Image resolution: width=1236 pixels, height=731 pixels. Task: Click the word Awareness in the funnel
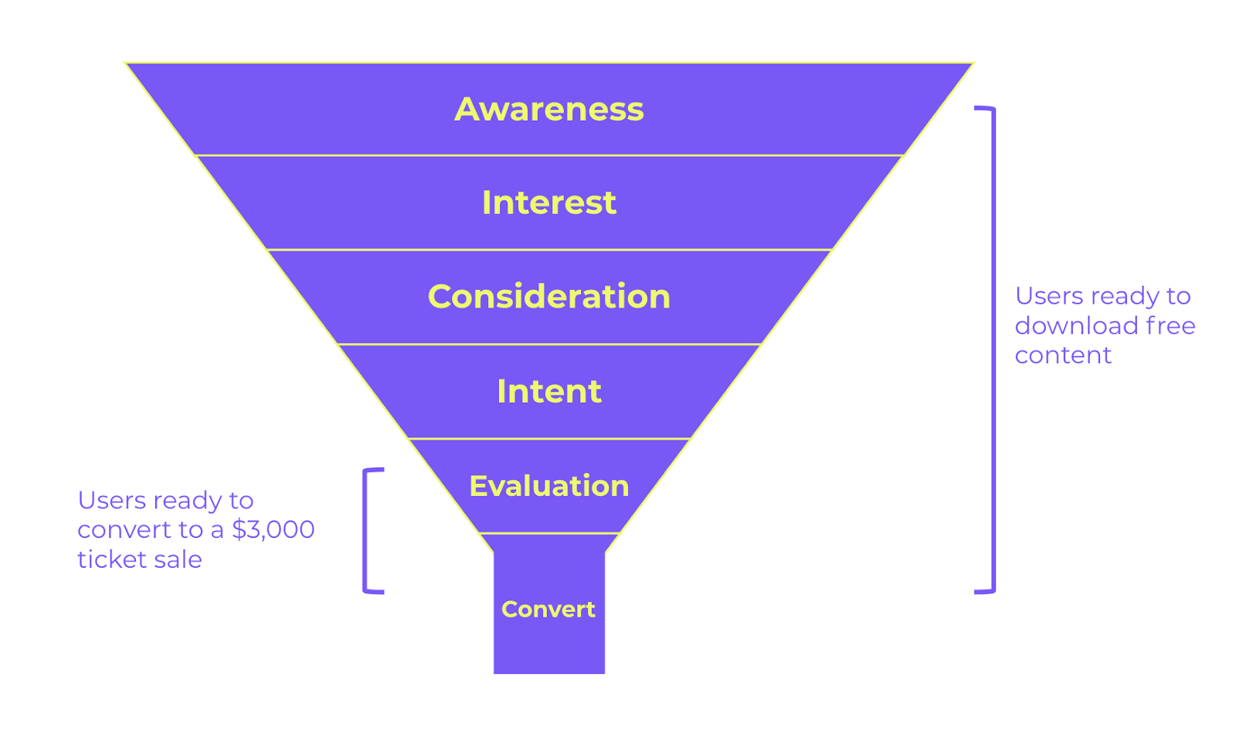(x=548, y=109)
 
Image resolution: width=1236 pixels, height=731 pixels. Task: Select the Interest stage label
(x=548, y=202)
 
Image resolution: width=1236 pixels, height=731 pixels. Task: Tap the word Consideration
(x=548, y=297)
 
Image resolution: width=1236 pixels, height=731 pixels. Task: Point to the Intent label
(x=548, y=391)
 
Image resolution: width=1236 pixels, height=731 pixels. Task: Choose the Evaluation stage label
(x=548, y=486)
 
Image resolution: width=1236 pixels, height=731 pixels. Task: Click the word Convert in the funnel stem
(x=548, y=609)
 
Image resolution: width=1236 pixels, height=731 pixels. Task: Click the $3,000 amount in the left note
(x=273, y=529)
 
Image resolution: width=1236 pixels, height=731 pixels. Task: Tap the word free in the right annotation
(x=1170, y=325)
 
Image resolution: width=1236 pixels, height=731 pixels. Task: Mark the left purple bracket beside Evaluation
(x=365, y=530)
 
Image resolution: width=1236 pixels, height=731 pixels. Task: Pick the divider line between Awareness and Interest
(x=548, y=155)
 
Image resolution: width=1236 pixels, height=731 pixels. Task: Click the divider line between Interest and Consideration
(x=548, y=250)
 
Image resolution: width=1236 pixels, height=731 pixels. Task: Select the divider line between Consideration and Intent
(x=548, y=344)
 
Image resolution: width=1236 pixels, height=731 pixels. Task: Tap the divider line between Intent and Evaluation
(x=548, y=438)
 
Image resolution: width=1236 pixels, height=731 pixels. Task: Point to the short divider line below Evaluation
(x=548, y=533)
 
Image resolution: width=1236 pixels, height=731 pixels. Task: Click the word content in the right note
(x=1063, y=355)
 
